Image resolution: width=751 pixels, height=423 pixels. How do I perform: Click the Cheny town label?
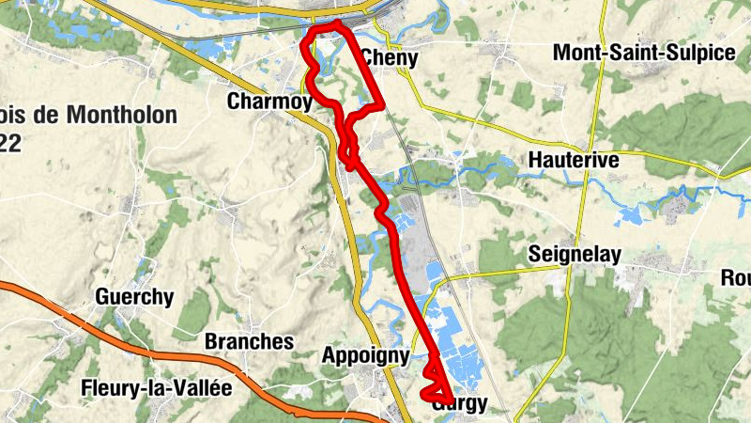(388, 57)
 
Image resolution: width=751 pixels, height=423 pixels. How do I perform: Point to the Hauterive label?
(574, 160)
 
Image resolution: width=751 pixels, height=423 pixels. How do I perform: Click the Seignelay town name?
(572, 253)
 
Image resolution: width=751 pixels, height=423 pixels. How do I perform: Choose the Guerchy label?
(134, 297)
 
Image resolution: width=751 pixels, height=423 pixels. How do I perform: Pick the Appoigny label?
(365, 355)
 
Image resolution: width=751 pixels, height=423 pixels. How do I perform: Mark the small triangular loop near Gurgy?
(435, 385)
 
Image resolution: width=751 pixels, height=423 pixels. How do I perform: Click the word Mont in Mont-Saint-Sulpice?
(575, 53)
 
